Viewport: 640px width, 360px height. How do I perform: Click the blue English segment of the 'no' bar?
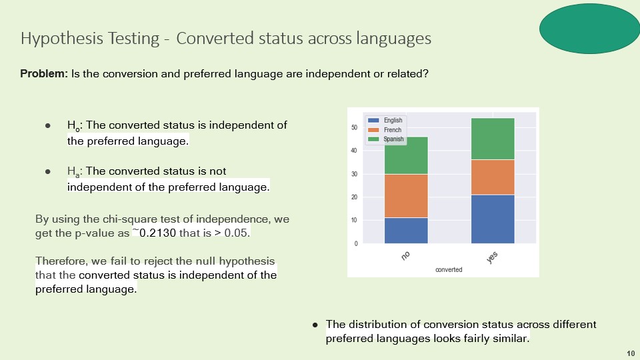pyautogui.click(x=406, y=231)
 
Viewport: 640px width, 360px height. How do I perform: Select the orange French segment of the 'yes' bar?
pyautogui.click(x=493, y=177)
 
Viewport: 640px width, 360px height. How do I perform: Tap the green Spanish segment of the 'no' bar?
pyautogui.click(x=406, y=155)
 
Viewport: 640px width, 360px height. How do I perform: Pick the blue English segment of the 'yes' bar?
pyautogui.click(x=493, y=219)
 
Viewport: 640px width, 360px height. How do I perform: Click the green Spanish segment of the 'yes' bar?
pyautogui.click(x=493, y=139)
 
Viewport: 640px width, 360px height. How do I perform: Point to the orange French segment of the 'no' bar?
pyautogui.click(x=406, y=196)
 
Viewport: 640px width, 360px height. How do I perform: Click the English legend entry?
pyautogui.click(x=385, y=120)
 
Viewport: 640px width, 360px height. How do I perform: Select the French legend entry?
pyautogui.click(x=385, y=130)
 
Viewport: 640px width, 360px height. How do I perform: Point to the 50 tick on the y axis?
pyautogui.click(x=354, y=127)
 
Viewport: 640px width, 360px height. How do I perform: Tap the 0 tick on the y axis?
pyautogui.click(x=356, y=244)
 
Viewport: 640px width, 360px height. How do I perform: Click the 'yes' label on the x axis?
pyautogui.click(x=492, y=257)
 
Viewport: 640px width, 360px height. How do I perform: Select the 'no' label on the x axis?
pyautogui.click(x=405, y=256)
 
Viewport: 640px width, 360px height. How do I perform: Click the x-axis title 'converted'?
pyautogui.click(x=449, y=270)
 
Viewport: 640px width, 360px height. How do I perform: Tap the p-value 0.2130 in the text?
pyautogui.click(x=157, y=233)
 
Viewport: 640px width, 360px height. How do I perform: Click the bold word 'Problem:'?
pyautogui.click(x=44, y=73)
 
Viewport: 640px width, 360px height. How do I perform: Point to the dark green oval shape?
pyautogui.click(x=589, y=29)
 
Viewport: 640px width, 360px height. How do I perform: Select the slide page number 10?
pyautogui.click(x=631, y=353)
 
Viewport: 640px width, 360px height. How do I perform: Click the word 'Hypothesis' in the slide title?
pyautogui.click(x=61, y=39)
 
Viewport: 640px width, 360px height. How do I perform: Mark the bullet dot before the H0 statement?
pyautogui.click(x=48, y=126)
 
